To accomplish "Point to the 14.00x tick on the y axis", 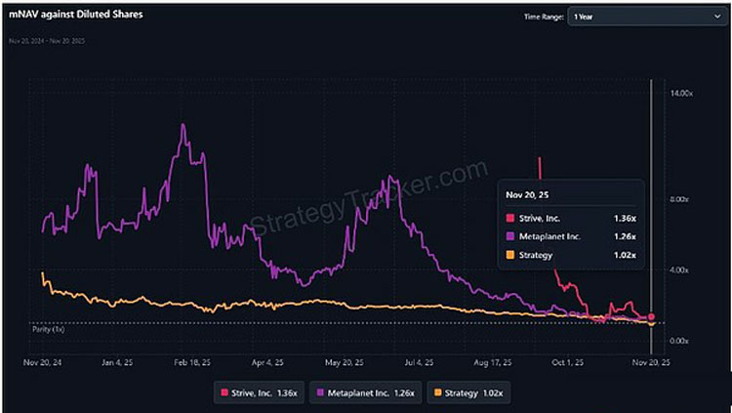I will pos(680,93).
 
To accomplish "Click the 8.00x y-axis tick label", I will pos(680,200).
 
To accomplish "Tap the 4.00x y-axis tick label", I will pos(680,269).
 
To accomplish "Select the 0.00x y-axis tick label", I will pos(680,340).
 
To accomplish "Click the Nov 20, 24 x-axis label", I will pos(42,362).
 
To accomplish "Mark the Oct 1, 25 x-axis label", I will pos(567,362).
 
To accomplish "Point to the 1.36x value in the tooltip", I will pos(626,217).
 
